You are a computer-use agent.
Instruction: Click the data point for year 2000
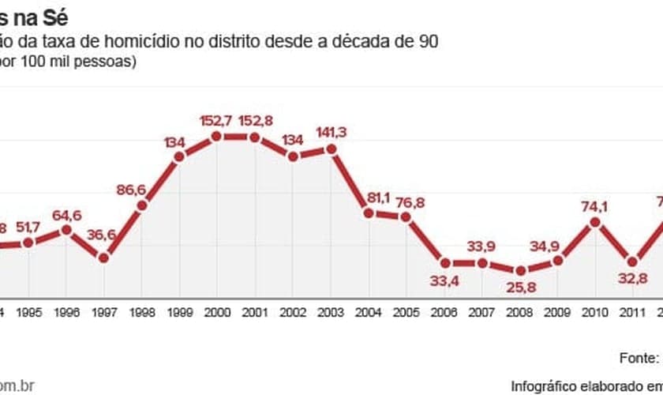tap(217, 137)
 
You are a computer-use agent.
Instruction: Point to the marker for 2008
tap(520, 270)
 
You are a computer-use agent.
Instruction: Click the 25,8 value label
tap(520, 288)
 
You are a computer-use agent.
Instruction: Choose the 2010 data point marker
tap(596, 223)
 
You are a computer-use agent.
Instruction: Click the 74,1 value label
tap(596, 206)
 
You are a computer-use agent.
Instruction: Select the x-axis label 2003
tap(330, 311)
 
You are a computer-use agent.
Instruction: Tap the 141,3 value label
tap(331, 131)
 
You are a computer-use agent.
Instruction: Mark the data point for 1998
tap(142, 206)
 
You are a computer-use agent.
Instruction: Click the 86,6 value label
tap(131, 190)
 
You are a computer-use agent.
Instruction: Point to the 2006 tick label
tap(444, 311)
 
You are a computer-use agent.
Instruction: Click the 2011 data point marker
tap(633, 261)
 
